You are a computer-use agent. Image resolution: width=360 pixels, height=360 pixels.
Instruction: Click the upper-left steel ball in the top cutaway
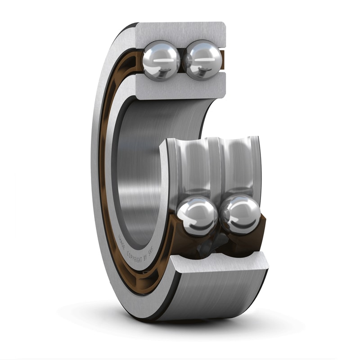pos(161,60)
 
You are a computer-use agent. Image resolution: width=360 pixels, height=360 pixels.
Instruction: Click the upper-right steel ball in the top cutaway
pos(203,60)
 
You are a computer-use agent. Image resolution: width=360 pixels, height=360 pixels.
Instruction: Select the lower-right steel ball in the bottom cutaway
pos(240,215)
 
